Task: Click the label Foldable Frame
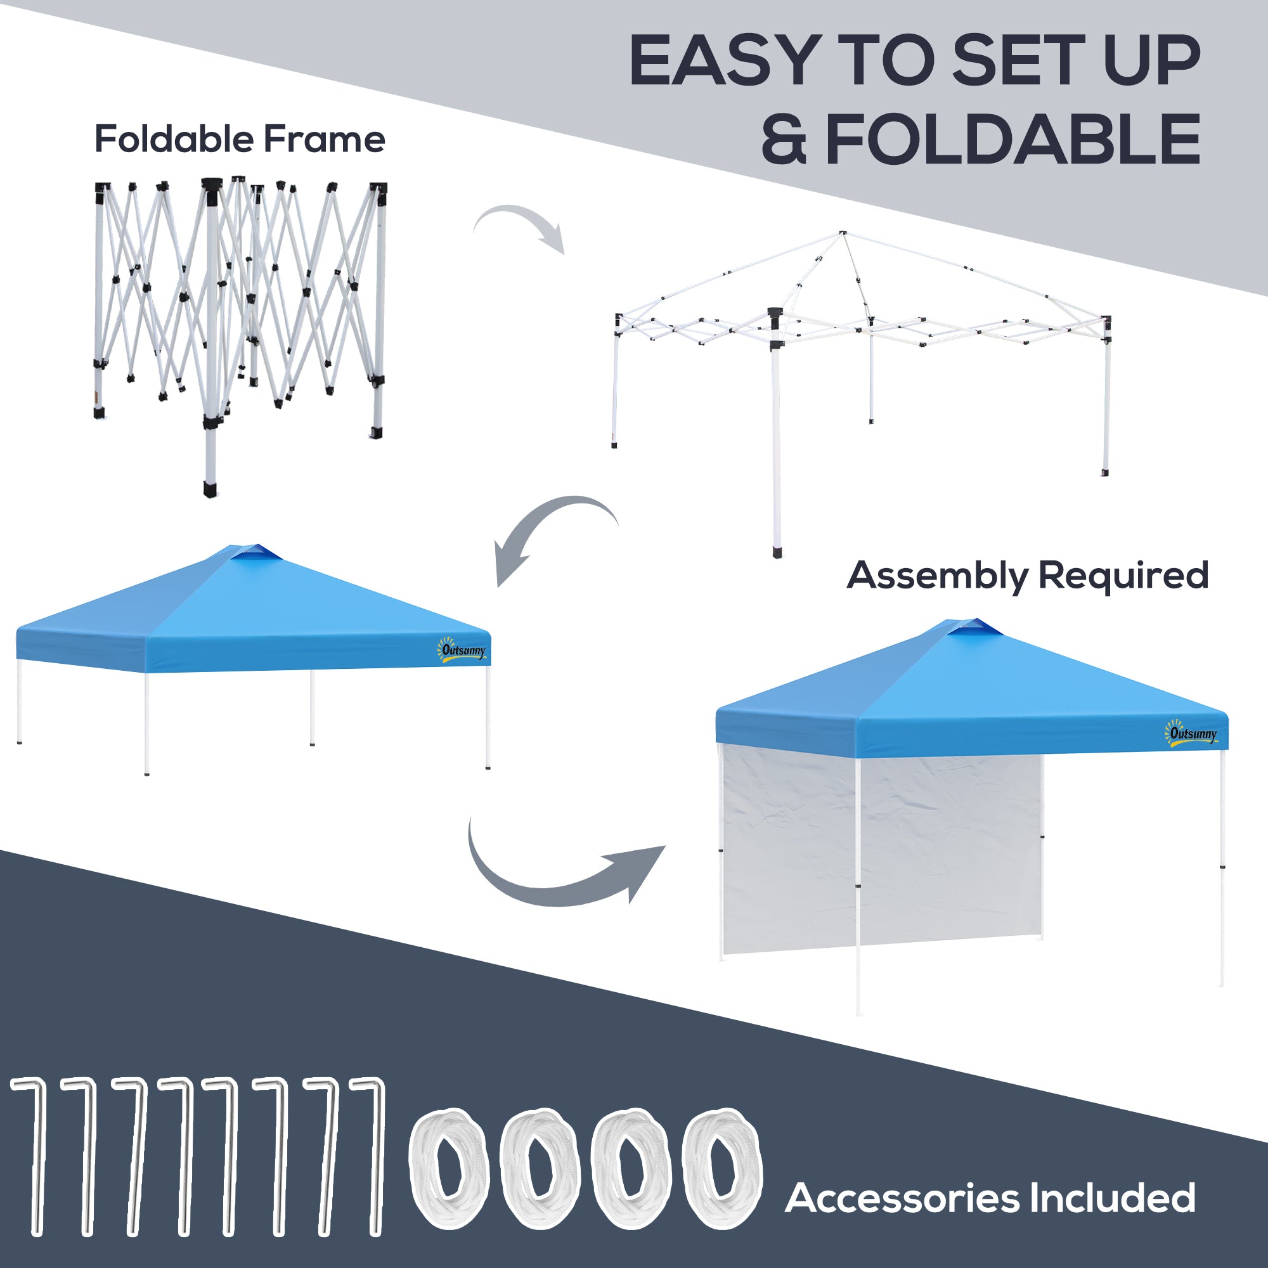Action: [x=240, y=139]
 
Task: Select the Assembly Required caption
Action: [x=1027, y=576]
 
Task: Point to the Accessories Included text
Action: [x=990, y=1198]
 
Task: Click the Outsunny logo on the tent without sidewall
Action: [x=463, y=650]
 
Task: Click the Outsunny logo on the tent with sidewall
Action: [x=1191, y=734]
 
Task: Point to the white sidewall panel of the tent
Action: [x=879, y=853]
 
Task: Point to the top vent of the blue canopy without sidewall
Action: [x=256, y=553]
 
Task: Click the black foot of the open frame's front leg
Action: [x=778, y=552]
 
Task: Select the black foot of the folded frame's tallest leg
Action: [x=210, y=490]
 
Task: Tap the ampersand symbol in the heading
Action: [x=784, y=139]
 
